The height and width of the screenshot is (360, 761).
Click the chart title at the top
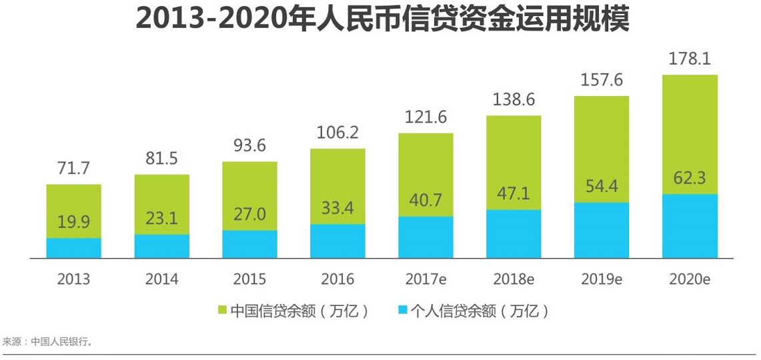pos(382,19)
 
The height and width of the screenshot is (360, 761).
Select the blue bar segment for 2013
pos(73,248)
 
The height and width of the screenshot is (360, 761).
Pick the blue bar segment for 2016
pos(337,241)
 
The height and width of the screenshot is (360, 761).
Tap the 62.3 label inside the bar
pos(690,179)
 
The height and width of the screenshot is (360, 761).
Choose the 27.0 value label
pos(249,215)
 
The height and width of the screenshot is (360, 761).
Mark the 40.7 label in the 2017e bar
pos(426,201)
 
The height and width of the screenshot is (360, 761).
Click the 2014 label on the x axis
pos(161,279)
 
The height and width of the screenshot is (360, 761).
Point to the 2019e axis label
pos(601,279)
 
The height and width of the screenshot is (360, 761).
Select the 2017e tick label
pos(426,279)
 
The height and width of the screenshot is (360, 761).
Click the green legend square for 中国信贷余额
pos(223,311)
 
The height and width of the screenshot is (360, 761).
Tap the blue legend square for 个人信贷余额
pos(402,311)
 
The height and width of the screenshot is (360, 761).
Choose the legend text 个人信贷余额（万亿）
pos(480,311)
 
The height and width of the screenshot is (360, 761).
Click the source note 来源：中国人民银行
pos(48,342)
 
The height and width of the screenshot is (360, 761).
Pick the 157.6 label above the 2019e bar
pos(602,81)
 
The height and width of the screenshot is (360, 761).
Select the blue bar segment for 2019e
pos(602,230)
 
